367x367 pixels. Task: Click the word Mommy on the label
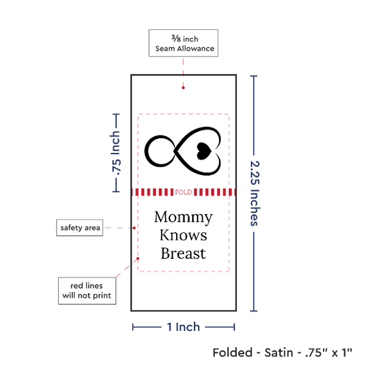tap(183, 218)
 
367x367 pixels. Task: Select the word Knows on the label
tap(183, 236)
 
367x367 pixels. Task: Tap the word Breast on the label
tap(183, 254)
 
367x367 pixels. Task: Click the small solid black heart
tap(204, 151)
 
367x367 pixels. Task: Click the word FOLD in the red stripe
tap(183, 192)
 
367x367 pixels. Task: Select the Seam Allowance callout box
tap(183, 43)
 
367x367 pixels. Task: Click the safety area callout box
tap(79, 228)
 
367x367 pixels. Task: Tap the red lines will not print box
tap(87, 291)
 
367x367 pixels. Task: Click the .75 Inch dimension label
tap(115, 153)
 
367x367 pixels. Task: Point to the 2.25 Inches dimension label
tap(255, 194)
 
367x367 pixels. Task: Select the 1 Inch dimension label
tap(183, 327)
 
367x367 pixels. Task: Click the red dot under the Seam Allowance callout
tap(183, 88)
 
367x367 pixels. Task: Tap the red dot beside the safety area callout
tap(134, 228)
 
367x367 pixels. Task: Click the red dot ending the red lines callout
tap(138, 258)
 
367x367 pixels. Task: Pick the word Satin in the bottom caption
tap(279, 352)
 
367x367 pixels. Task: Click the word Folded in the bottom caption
tap(233, 352)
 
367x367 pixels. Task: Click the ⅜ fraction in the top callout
tap(176, 38)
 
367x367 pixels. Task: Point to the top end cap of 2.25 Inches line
tap(254, 76)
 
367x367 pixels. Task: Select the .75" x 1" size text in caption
tap(328, 352)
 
